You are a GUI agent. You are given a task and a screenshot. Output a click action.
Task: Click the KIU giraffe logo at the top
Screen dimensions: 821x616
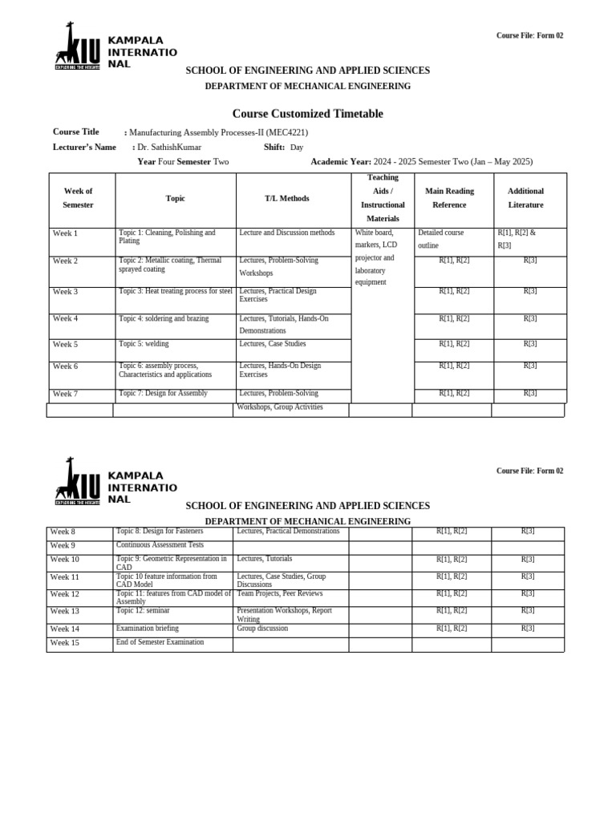pos(78,46)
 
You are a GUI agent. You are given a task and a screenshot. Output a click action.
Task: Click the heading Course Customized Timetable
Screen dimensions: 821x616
pos(307,114)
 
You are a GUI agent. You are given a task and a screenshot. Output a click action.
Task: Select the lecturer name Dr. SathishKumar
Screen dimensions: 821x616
pos(169,148)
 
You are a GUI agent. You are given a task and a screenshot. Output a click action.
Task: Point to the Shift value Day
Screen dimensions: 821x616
pos(297,148)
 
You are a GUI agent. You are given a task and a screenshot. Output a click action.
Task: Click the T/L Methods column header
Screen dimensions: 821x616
pos(286,198)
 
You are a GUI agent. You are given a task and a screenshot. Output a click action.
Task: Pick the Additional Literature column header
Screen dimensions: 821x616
pos(525,198)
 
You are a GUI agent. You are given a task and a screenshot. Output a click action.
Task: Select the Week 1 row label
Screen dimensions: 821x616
pos(65,233)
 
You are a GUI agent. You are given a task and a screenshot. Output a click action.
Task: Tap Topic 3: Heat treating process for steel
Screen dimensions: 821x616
pos(175,291)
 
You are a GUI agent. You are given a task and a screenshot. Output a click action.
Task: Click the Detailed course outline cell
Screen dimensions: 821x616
pos(440,239)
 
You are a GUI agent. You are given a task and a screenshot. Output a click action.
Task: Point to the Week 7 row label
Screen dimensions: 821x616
pos(65,394)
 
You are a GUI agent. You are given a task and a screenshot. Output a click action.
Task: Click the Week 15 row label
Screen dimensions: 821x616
pos(64,643)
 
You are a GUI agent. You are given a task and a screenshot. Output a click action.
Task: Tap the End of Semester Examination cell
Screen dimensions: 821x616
pos(160,642)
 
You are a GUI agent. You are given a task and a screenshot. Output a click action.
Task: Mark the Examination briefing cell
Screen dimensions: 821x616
pos(148,629)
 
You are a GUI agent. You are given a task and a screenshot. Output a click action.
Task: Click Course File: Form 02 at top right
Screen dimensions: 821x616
pos(529,36)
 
